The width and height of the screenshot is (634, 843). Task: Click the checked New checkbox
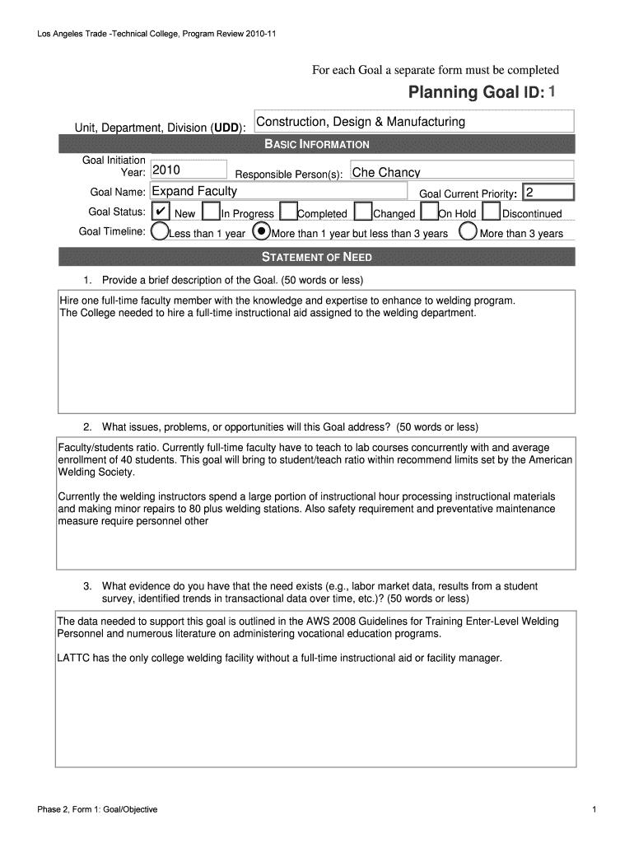pos(162,212)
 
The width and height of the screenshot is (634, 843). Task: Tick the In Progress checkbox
pos(210,212)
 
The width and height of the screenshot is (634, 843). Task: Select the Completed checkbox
pos(288,212)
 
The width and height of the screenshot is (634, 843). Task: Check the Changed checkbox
pos(363,212)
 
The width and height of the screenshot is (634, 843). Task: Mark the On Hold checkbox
pos(429,212)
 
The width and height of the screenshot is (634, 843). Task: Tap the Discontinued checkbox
pos(491,212)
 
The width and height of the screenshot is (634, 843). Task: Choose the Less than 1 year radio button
pos(161,232)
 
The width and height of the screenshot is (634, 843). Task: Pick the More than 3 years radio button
pos(468,232)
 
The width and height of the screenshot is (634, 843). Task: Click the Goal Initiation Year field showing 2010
pos(189,171)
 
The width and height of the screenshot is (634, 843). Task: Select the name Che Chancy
pos(386,173)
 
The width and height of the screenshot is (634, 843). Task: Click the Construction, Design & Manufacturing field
pos(413,122)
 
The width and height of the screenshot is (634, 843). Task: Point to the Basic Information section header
pos(317,144)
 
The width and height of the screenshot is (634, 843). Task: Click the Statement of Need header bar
pos(317,257)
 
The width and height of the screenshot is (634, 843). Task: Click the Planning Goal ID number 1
pos(552,92)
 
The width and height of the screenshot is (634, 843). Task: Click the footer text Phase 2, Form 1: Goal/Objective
pos(97,809)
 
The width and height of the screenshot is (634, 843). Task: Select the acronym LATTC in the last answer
pos(73,659)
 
